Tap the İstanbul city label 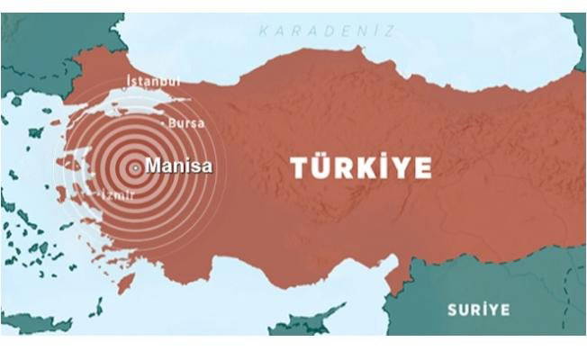pos(153,81)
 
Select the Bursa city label pos(185,122)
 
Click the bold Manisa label pos(178,166)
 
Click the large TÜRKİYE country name pos(360,167)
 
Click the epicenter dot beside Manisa pos(135,167)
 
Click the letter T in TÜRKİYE pos(299,167)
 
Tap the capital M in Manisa pos(152,166)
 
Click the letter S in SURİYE pos(454,310)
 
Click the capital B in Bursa pos(172,122)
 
